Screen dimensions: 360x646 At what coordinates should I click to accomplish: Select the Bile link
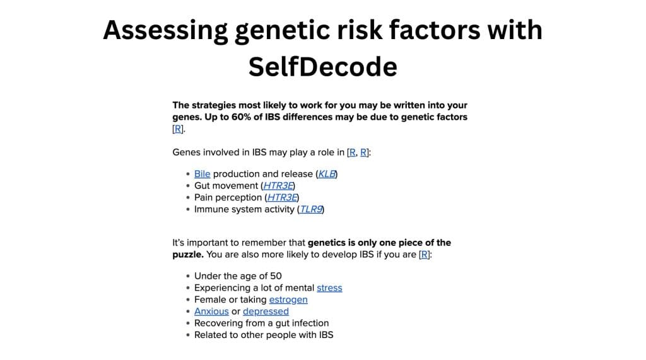pos(202,174)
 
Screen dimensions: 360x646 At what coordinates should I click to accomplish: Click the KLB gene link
pos(327,174)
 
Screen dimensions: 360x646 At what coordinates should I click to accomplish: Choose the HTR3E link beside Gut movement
pos(278,186)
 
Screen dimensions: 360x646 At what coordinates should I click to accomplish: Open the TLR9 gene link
pos(312,209)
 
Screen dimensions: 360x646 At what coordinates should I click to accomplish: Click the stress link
pos(329,287)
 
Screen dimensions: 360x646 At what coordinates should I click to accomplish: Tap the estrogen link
pos(288,299)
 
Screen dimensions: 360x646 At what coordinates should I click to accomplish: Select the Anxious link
pos(211,311)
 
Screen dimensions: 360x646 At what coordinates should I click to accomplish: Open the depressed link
pos(266,311)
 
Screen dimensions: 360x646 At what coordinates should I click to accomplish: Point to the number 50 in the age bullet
pos(275,276)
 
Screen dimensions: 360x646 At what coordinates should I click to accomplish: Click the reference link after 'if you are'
pos(425,255)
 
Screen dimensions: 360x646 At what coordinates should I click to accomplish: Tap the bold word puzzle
pos(188,255)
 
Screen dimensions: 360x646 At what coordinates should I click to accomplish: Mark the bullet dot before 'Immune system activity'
pos(188,209)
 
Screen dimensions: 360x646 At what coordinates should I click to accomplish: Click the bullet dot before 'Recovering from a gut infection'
pos(188,323)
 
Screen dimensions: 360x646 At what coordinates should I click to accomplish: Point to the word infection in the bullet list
pos(308,323)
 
